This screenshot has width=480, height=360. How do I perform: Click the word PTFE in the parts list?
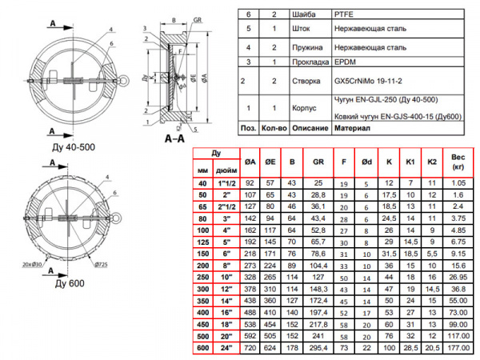pos(343,14)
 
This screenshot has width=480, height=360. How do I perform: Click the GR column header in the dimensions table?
pos(318,160)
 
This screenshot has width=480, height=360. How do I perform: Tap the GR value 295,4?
pos(318,349)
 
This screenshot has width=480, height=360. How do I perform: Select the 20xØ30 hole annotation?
pos(32,263)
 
